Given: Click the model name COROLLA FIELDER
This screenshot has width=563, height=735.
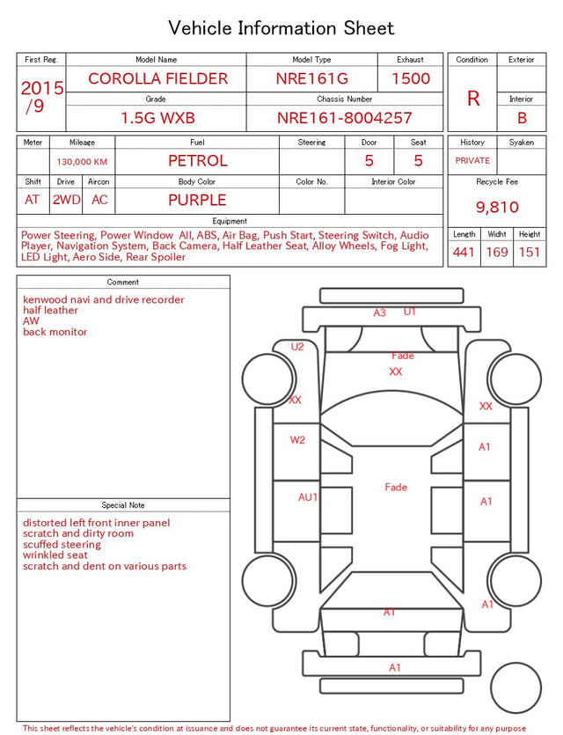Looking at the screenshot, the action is tap(157, 78).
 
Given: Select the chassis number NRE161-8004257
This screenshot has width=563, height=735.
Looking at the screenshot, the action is tap(344, 118).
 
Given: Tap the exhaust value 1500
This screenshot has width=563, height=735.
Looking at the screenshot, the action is tap(411, 78).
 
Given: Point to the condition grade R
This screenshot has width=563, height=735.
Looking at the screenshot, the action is tap(473, 99).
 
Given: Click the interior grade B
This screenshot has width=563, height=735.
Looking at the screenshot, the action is tap(522, 118).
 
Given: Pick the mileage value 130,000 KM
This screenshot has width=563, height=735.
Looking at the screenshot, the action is tap(82, 162).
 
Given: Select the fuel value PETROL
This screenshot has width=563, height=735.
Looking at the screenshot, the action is tap(198, 161).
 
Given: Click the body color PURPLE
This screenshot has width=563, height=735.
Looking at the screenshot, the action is tap(197, 200).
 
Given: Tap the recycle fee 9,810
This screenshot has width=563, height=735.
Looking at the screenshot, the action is tap(497, 207).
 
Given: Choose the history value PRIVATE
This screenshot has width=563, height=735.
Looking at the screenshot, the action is tap(472, 160).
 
